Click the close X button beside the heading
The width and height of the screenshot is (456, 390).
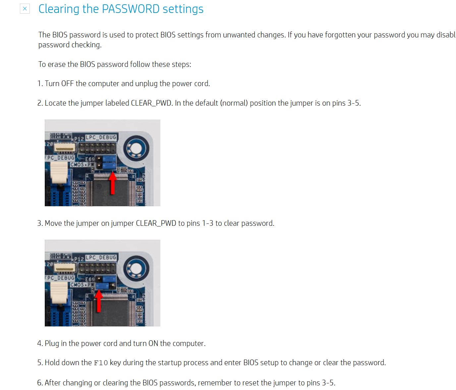tap(25, 9)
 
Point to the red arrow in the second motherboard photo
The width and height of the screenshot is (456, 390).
tap(98, 301)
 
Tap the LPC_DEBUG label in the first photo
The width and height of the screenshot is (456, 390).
tap(101, 137)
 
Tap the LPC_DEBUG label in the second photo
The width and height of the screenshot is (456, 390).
tap(101, 258)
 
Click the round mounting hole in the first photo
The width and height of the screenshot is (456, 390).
tap(136, 149)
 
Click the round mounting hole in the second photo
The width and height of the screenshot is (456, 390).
tap(136, 269)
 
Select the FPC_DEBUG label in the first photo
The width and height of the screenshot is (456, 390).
tap(60, 158)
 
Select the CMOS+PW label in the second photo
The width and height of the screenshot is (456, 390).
tap(82, 285)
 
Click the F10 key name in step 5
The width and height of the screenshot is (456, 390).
tap(101, 363)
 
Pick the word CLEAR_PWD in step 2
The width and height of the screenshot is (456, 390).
tap(151, 103)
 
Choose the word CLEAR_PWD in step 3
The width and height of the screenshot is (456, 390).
tap(156, 223)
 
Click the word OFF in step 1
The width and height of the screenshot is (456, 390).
tap(67, 84)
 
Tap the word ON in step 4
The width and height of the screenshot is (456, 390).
tap(153, 344)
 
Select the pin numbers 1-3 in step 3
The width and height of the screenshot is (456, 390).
tap(208, 223)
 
